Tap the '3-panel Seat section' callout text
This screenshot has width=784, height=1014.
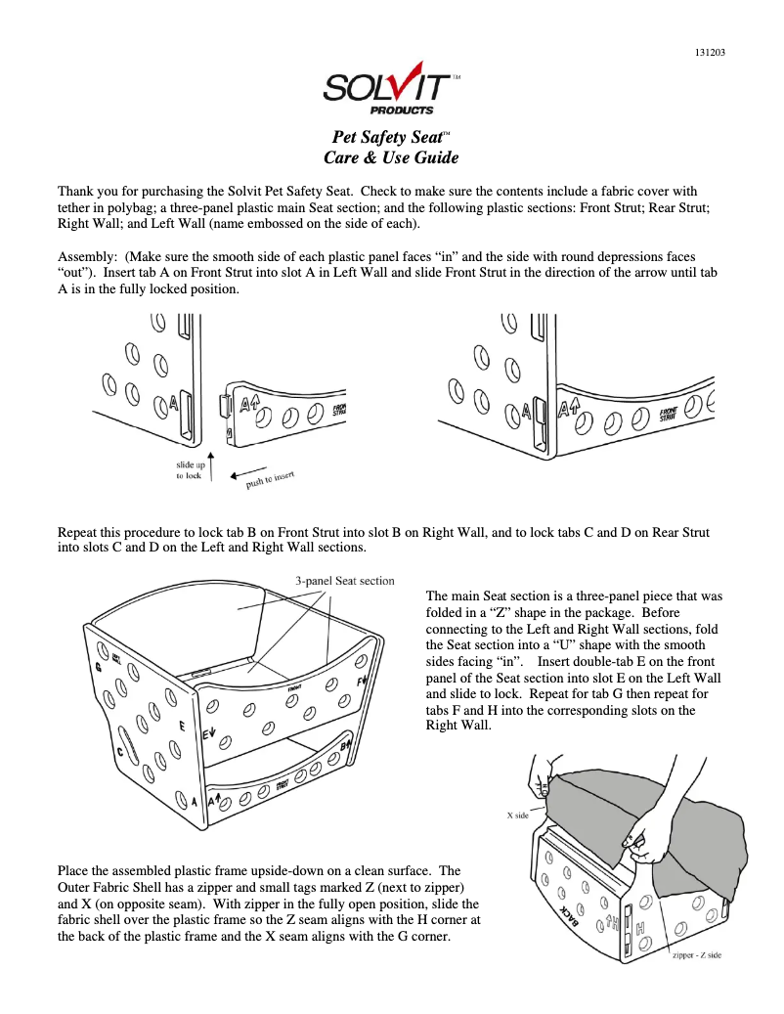point(345,581)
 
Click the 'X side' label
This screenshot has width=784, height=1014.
point(517,815)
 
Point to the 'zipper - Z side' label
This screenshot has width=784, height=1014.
point(696,954)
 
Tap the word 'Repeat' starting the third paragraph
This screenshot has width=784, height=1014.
point(79,533)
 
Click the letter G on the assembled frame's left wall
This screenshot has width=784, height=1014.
point(99,668)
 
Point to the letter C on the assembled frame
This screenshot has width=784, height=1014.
point(121,752)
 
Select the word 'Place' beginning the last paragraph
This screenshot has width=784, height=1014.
point(74,870)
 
